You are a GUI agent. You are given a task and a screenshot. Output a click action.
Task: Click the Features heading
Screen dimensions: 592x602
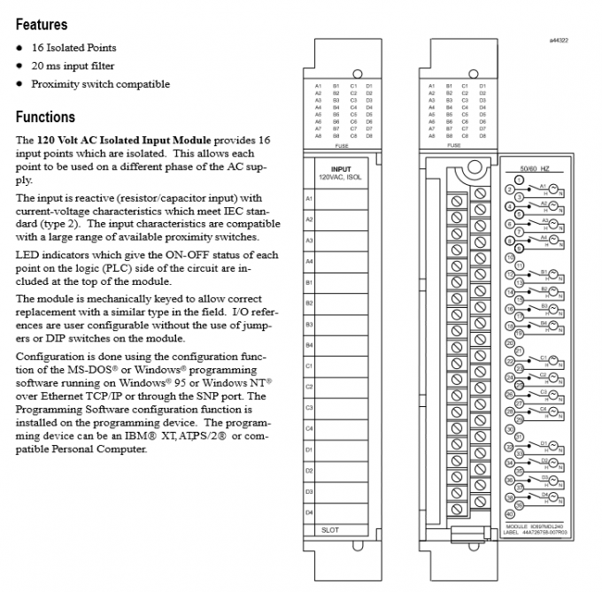pyautogui.click(x=41, y=25)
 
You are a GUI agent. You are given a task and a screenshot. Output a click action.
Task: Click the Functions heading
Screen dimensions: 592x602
pyautogui.click(x=45, y=117)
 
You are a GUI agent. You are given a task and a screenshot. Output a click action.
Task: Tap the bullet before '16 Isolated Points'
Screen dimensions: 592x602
pyautogui.click(x=19, y=48)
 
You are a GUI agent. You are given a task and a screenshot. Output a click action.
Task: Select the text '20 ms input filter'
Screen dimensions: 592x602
pyautogui.click(x=73, y=65)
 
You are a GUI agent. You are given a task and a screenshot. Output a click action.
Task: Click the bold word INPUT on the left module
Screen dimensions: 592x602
pyautogui.click(x=340, y=168)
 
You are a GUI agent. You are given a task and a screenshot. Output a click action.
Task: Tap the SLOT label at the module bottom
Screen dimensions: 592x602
pyautogui.click(x=329, y=529)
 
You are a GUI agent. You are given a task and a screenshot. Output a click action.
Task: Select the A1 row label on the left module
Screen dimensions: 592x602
pyautogui.click(x=309, y=198)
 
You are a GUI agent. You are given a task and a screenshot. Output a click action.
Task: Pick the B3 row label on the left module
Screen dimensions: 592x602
pyautogui.click(x=309, y=324)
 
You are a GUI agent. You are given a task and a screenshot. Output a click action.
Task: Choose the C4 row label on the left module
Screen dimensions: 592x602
pyautogui.click(x=309, y=428)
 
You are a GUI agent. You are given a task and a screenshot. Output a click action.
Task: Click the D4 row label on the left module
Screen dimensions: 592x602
pyautogui.click(x=309, y=511)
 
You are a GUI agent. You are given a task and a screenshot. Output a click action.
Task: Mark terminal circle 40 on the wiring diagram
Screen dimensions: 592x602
pyautogui.click(x=510, y=514)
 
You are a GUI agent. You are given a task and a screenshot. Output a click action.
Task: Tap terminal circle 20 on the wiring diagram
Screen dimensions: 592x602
pyautogui.click(x=510, y=342)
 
